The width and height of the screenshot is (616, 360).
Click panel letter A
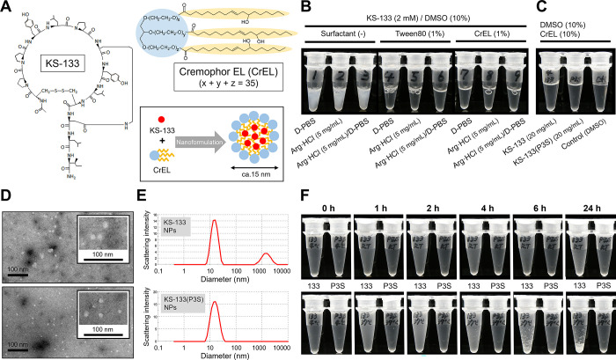(8, 9)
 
